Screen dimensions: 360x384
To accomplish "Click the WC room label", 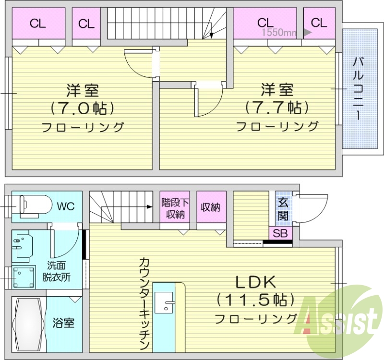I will pos(66,207).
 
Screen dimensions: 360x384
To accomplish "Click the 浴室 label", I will pos(63,323).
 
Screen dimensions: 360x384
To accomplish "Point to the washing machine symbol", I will pos(24,277).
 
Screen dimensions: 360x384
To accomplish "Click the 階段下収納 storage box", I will pos(173,207).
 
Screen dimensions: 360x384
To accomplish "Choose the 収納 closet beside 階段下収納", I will pos(211,207).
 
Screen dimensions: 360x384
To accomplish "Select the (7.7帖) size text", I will pos(276,107).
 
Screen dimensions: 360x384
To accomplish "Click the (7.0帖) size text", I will pos(83,108).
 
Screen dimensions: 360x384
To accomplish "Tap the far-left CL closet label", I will pos(37,23).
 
